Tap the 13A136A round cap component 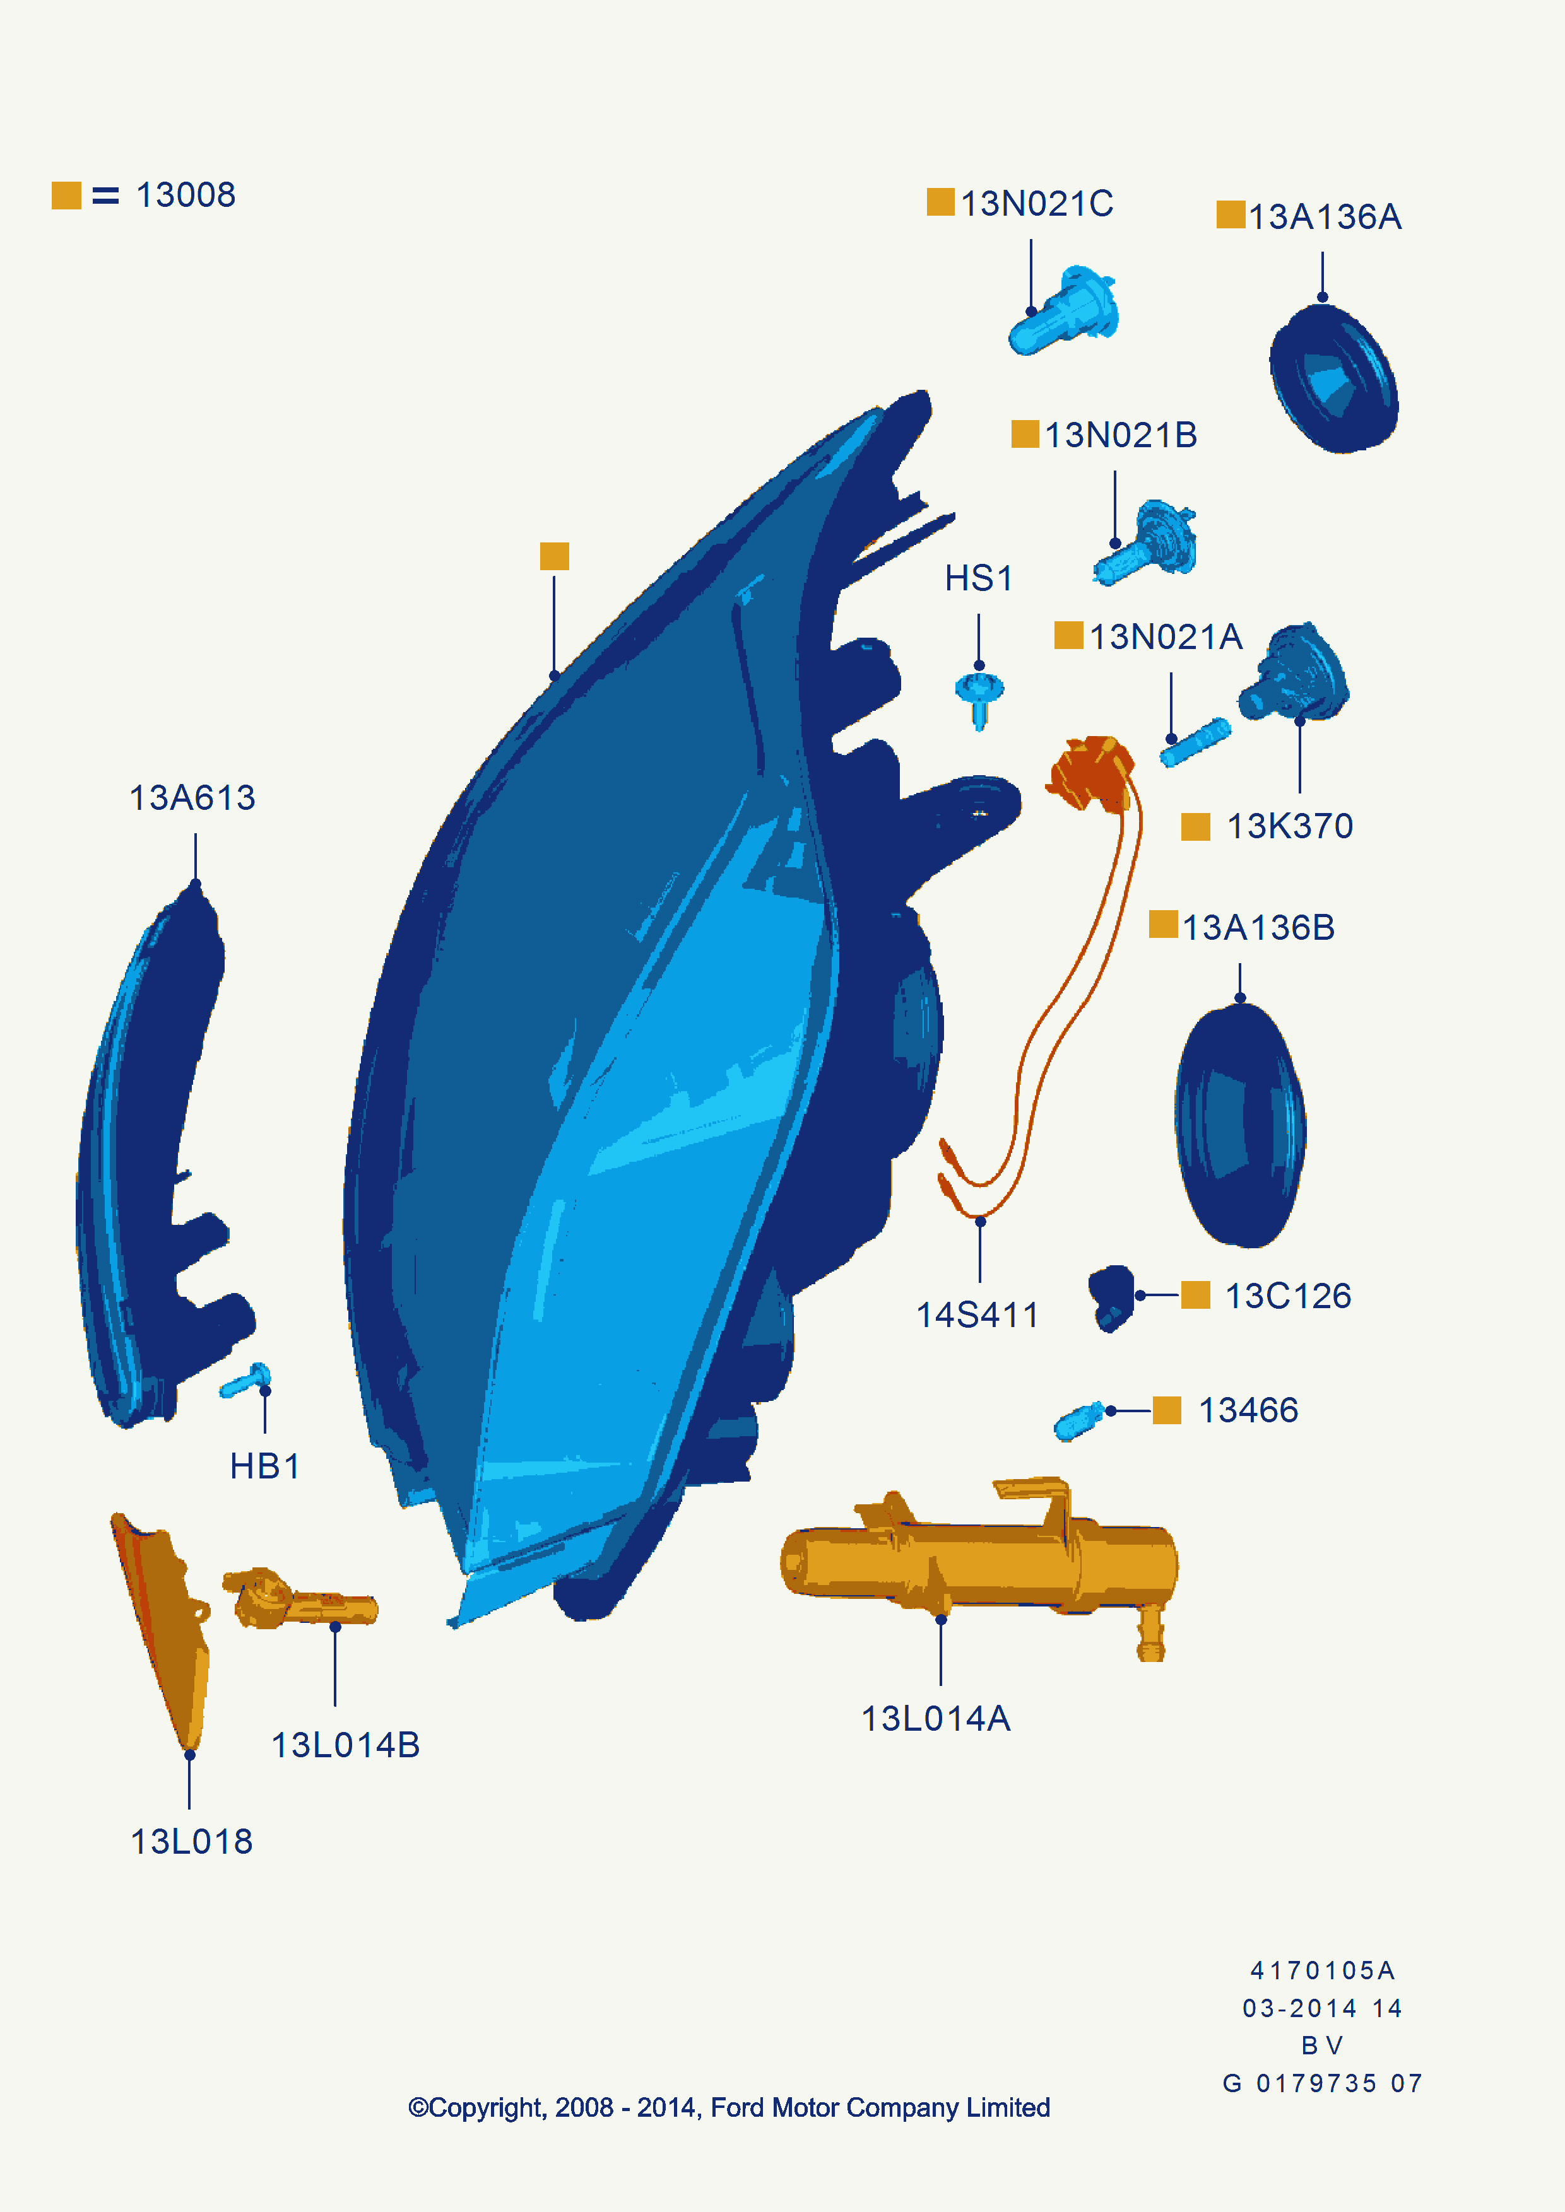pos(1333,378)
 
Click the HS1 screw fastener pos(979,696)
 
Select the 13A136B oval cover pos(1240,1125)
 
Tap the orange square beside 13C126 pos(1195,1296)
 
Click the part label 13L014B pos(345,1745)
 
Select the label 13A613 pos(192,798)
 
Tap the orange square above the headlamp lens pos(554,556)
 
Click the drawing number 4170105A pos(1322,1970)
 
